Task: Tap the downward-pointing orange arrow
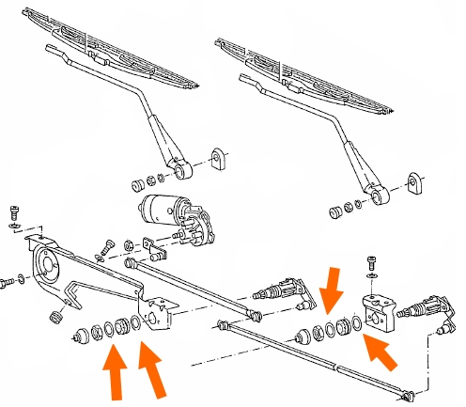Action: click(331, 285)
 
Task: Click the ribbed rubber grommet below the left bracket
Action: click(55, 318)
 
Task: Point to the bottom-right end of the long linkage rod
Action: click(406, 393)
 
